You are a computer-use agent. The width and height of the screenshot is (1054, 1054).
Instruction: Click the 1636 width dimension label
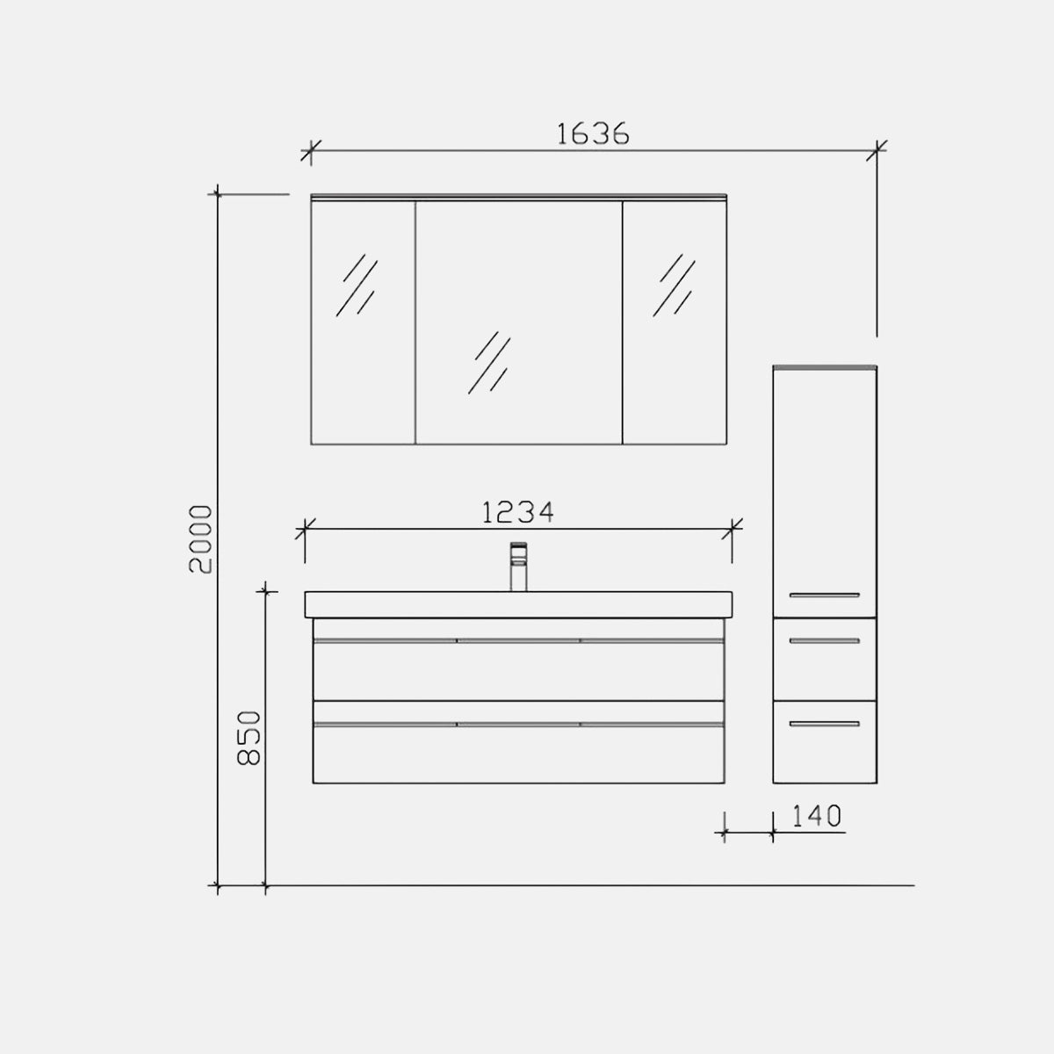click(x=593, y=134)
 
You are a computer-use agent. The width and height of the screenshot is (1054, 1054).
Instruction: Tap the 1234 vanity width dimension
click(x=518, y=512)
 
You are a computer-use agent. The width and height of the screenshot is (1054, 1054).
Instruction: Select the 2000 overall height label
click(x=200, y=538)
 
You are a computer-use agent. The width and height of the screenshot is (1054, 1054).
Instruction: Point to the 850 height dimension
click(x=249, y=738)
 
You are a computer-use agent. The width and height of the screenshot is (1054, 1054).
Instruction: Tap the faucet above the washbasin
click(x=518, y=567)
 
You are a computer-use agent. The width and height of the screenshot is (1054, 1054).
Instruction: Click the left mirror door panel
click(x=363, y=322)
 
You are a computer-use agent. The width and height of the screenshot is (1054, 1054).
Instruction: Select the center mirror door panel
click(x=518, y=322)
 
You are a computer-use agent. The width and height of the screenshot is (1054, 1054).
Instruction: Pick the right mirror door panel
click(x=675, y=322)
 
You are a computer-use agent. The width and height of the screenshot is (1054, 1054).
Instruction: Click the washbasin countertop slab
click(x=518, y=605)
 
